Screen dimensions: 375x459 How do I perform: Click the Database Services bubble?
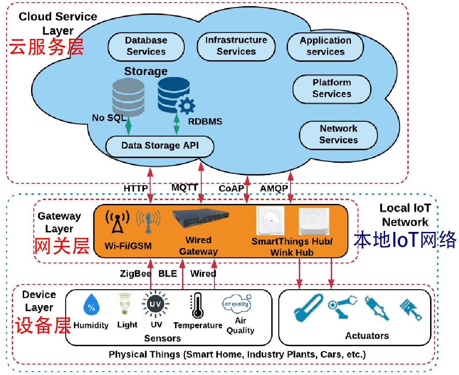point(146,46)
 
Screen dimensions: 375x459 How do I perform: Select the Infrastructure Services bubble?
point(236,46)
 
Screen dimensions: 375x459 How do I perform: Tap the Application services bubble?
point(325,46)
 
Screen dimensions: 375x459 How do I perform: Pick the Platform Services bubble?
point(332,88)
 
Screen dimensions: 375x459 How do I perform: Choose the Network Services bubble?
point(338,134)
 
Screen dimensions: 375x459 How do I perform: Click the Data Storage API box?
point(160,146)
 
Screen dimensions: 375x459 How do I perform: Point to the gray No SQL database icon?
point(128,97)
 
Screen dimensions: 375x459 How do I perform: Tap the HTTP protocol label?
point(136,189)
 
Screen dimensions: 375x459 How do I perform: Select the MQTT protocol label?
point(185,187)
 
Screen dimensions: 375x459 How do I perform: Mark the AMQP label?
point(274,189)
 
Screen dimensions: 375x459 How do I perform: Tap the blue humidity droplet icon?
point(91,306)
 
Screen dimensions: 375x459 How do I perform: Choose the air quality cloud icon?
point(236,304)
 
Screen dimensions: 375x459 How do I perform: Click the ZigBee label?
point(136,274)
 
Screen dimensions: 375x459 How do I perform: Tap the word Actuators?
point(367,336)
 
